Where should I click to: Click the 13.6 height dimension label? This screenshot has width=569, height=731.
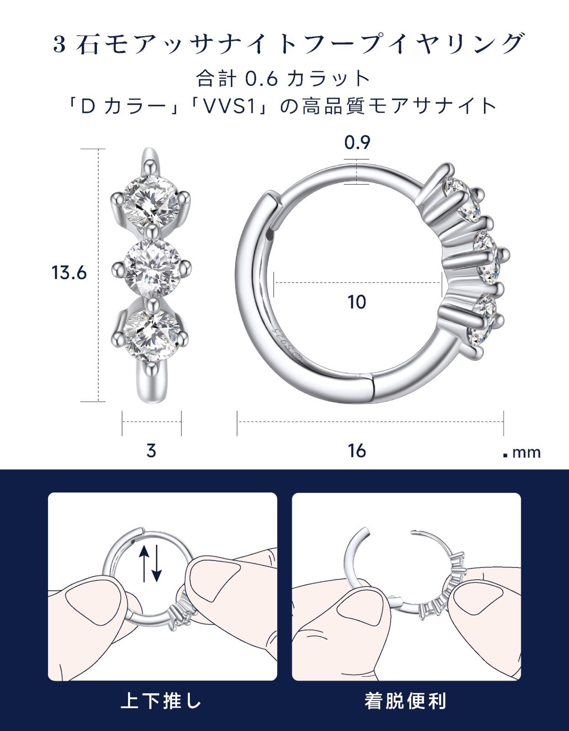69,273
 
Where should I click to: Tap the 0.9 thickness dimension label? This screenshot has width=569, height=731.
357,143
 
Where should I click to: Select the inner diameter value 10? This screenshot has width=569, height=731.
357,302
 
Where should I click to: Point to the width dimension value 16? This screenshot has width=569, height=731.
357,451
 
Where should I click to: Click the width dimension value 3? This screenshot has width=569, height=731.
151,451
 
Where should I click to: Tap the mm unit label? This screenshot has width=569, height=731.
526,453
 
